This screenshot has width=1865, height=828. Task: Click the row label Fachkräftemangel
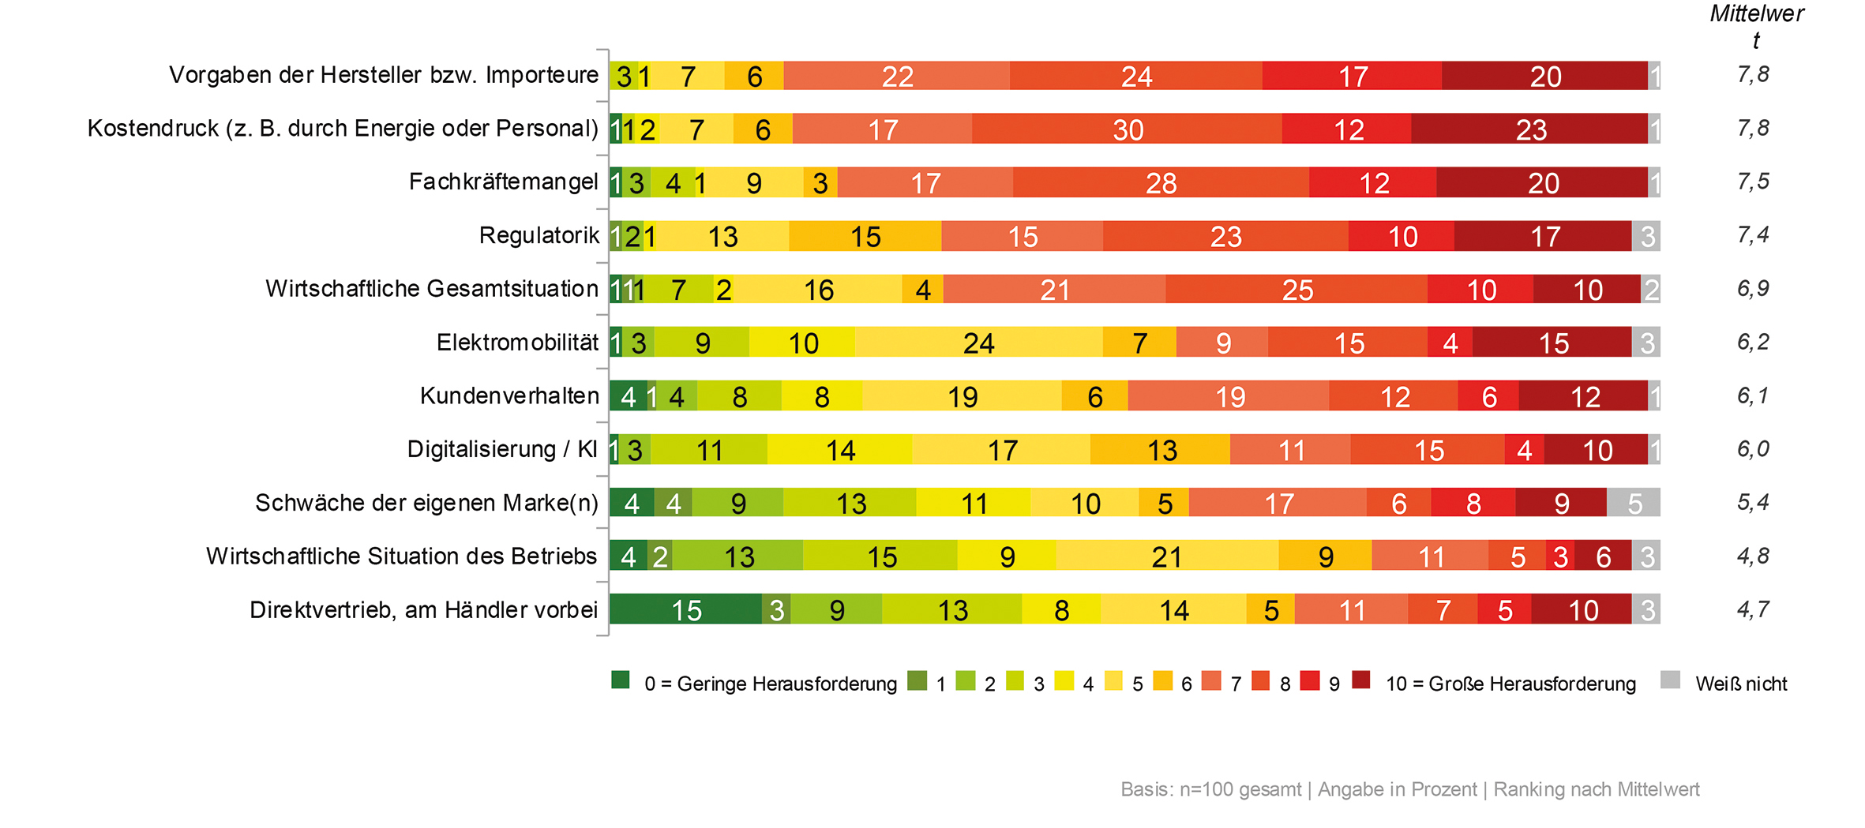click(x=503, y=182)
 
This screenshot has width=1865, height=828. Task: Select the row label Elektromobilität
click(x=517, y=342)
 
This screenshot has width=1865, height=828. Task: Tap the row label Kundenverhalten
click(x=509, y=395)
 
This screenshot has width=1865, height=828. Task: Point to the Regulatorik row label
click(x=539, y=235)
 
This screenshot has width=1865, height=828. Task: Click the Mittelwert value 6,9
click(x=1753, y=288)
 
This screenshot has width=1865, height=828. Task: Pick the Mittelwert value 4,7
click(x=1753, y=609)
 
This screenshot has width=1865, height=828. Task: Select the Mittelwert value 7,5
click(x=1753, y=182)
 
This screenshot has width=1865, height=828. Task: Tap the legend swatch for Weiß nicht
click(x=1670, y=680)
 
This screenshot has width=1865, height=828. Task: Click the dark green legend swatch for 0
click(x=621, y=680)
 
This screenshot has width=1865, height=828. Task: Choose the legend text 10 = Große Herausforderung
click(x=1510, y=684)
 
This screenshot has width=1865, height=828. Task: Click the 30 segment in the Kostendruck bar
click(x=1128, y=129)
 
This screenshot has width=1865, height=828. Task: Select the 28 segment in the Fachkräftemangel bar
click(x=1161, y=182)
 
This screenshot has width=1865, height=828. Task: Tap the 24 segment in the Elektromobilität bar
click(x=978, y=343)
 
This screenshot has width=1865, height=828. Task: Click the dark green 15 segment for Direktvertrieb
click(x=685, y=609)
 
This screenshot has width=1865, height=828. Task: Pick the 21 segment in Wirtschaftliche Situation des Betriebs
click(x=1166, y=556)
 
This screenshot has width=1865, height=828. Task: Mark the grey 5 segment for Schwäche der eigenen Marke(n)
click(x=1634, y=503)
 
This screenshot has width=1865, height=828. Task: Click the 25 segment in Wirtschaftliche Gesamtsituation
click(x=1296, y=290)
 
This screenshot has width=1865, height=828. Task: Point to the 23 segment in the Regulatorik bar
click(x=1225, y=236)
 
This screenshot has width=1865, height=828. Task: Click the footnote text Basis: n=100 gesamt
click(x=1210, y=789)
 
